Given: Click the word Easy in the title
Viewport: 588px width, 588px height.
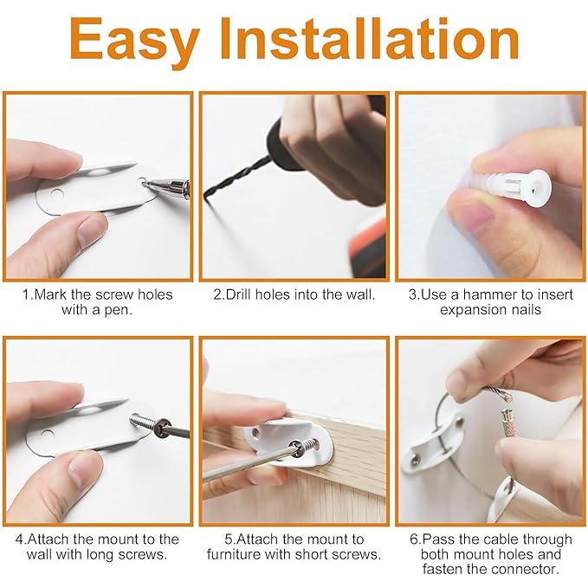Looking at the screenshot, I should point(134,41).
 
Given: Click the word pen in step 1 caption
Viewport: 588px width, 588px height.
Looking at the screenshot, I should point(119,309).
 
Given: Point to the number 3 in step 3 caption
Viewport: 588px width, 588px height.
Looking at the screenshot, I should point(412,294).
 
